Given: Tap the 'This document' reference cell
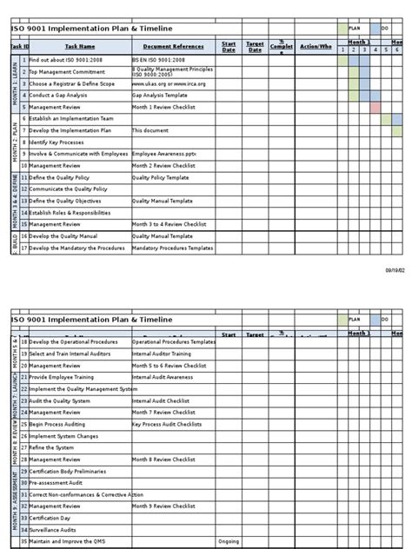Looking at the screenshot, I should (x=149, y=129).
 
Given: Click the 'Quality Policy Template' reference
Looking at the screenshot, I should (x=160, y=176).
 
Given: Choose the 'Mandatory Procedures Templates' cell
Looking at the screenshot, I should (x=172, y=248).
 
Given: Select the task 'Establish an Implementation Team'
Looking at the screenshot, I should (x=70, y=118).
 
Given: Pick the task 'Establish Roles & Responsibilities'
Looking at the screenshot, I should (x=70, y=212).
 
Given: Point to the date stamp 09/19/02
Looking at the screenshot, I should (x=395, y=271).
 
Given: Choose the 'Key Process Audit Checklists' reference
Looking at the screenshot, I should (x=170, y=400).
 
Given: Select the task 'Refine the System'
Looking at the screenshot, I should (x=52, y=424).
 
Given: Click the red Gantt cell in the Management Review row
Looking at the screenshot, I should (x=375, y=108).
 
